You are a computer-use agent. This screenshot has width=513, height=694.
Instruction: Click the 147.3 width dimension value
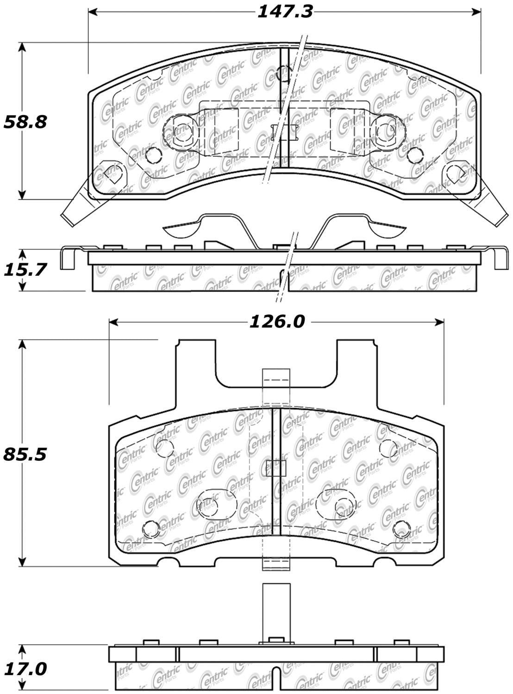tap(285, 12)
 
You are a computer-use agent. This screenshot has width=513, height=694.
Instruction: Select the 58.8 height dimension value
tap(25, 122)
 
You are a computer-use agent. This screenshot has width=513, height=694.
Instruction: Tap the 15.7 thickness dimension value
tap(25, 269)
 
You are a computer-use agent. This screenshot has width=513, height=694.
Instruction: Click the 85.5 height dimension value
tap(25, 454)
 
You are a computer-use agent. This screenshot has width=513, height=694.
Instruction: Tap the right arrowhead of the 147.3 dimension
tap(476, 12)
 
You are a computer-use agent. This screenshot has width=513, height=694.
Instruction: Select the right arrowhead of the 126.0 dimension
tap(439, 322)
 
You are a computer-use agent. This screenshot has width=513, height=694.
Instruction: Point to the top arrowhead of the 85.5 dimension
tap(22, 345)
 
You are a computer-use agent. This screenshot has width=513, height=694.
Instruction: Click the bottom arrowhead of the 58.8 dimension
tap(22, 194)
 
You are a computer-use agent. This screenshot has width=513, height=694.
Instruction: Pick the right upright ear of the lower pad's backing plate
tap(357, 376)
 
